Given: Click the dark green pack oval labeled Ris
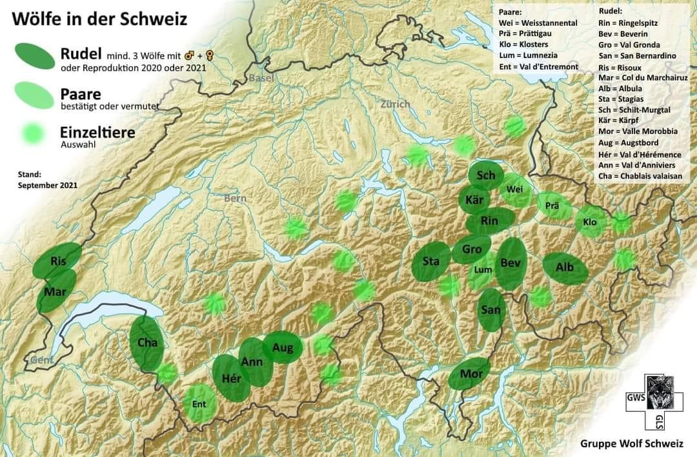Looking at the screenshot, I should (x=59, y=261).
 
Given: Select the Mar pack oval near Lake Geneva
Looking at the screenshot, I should (x=56, y=291).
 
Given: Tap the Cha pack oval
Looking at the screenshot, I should (x=147, y=343).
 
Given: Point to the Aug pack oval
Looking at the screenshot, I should (x=283, y=348).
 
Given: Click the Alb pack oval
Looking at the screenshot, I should (x=565, y=268).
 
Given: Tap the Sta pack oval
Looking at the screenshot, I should (x=431, y=262).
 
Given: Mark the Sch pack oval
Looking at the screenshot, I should (x=486, y=175).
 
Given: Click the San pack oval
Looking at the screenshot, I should (x=491, y=310).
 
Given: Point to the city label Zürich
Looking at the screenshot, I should (x=394, y=104).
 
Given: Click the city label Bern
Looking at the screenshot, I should (x=235, y=198).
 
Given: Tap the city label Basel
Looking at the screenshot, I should (x=261, y=78).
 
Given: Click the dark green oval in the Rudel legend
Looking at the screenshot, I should (x=32, y=56).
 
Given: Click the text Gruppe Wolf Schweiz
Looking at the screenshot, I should (x=631, y=443).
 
